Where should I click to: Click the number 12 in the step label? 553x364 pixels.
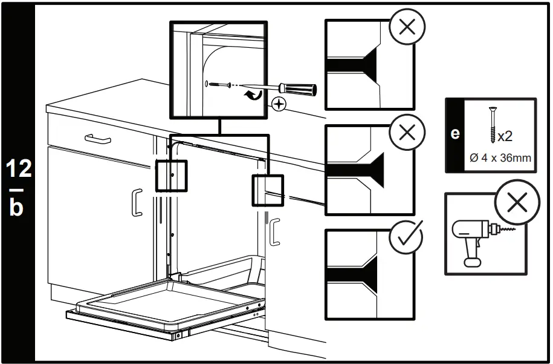click(19, 168)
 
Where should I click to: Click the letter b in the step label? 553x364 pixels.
click(19, 207)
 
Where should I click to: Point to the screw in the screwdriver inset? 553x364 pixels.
click(218, 84)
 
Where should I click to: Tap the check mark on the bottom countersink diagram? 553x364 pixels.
click(407, 237)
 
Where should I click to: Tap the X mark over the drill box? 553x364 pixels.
click(517, 204)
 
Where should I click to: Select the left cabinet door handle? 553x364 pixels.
click(137, 202)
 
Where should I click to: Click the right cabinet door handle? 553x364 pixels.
click(275, 232)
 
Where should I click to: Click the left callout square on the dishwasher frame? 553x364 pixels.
click(172, 175)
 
